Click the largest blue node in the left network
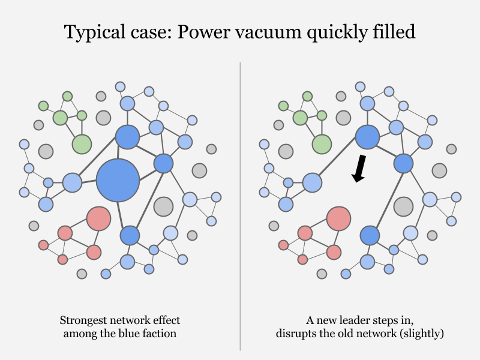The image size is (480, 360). (x=118, y=180)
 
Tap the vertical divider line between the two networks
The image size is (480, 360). (x=240, y=204)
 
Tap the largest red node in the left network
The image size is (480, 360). (x=98, y=219)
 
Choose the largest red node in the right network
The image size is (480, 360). (x=338, y=219)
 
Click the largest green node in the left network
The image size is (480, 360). (x=82, y=144)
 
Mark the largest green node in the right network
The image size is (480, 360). (x=322, y=144)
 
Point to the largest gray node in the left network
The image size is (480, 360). (x=163, y=206)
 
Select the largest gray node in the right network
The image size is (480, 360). (x=403, y=206)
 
